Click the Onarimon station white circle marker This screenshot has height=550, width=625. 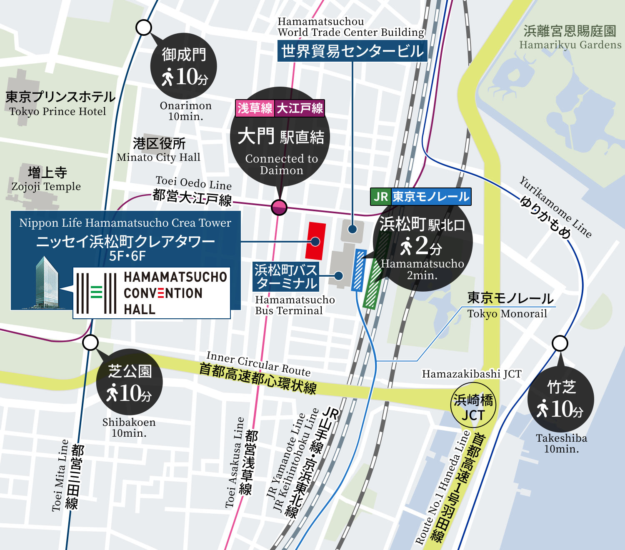point(144,28)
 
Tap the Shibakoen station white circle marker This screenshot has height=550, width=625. point(90,343)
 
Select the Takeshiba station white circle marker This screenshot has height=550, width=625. point(560,343)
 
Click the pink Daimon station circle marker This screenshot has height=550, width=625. point(279,207)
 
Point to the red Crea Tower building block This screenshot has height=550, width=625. point(315,241)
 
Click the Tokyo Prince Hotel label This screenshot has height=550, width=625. point(58,112)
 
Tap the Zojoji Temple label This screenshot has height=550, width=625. point(46,187)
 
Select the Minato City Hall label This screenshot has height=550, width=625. point(159,157)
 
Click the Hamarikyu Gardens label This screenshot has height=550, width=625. point(570,45)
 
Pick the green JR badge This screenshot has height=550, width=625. point(380,197)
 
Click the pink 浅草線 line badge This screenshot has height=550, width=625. point(255,108)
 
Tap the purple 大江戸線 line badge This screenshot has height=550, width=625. point(300,108)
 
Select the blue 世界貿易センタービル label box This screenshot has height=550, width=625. point(352,51)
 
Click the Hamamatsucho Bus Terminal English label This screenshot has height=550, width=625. point(295,305)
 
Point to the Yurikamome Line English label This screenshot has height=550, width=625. point(555,207)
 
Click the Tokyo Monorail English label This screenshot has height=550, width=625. point(507,314)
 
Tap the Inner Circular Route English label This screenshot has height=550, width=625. point(258,363)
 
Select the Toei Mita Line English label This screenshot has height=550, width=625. point(60,475)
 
